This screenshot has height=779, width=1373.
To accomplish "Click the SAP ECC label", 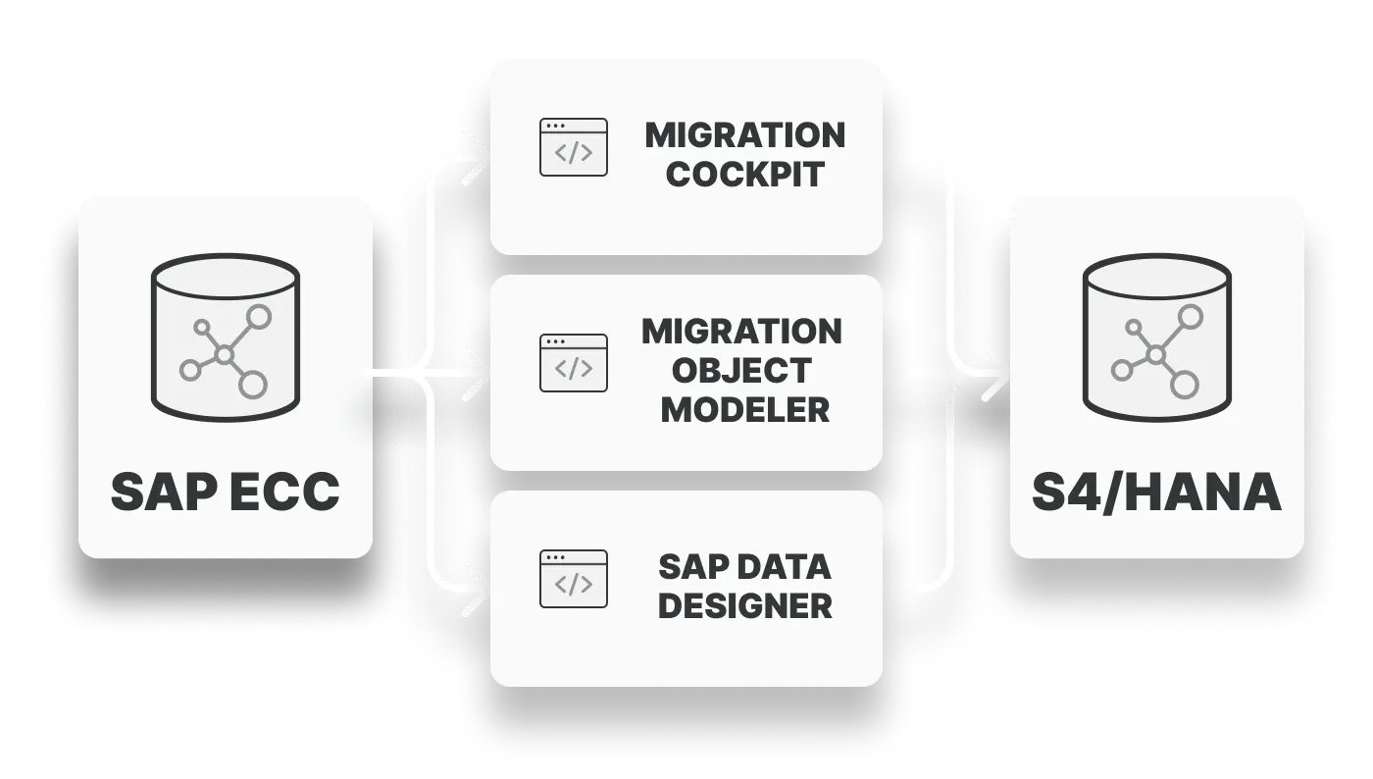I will pos(225,491).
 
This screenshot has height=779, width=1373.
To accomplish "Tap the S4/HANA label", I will pos(1156,493).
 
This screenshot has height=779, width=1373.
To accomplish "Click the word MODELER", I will pos(744,409).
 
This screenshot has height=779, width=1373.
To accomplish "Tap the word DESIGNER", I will pos(744,605).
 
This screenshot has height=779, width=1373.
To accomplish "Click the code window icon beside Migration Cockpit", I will pos(574,147).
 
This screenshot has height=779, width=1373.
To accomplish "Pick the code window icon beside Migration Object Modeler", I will pos(574,363).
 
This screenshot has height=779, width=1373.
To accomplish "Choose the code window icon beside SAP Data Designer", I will pos(574,579).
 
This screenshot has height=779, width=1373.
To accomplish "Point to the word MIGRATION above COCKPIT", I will pos(744,135).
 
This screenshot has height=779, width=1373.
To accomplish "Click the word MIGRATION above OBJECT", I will pos(742,332).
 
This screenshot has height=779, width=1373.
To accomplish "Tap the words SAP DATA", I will pos(744,566).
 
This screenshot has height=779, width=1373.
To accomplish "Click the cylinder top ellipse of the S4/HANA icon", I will pos(1156,276).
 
